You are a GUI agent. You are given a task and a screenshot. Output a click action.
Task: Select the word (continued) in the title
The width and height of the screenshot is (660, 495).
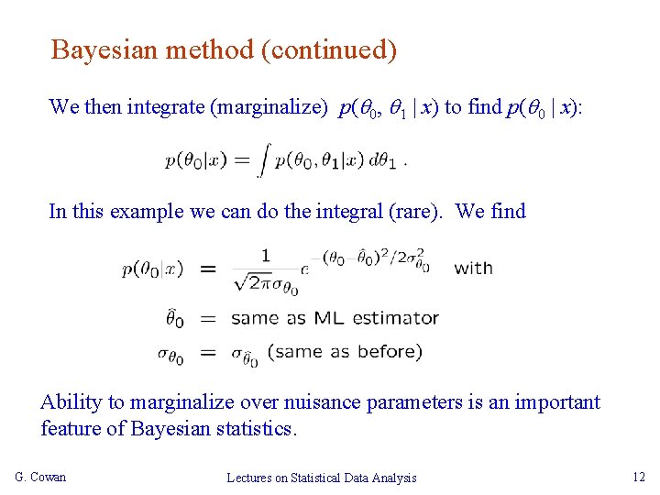pyautogui.click(x=329, y=49)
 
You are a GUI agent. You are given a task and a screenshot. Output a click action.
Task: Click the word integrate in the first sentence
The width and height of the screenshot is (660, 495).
pyautogui.click(x=166, y=107)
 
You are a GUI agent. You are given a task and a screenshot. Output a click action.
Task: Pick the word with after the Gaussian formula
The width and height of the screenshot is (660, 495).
pyautogui.click(x=473, y=269)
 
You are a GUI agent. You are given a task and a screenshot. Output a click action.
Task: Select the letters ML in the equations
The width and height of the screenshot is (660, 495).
pyautogui.click(x=330, y=319)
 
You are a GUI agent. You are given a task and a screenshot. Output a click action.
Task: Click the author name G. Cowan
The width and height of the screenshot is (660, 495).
pyautogui.click(x=41, y=477)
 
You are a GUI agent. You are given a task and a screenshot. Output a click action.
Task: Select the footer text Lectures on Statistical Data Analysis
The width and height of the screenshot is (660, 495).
pyautogui.click(x=322, y=478)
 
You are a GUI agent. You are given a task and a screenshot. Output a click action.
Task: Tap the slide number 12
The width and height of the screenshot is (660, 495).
pyautogui.click(x=639, y=477)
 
